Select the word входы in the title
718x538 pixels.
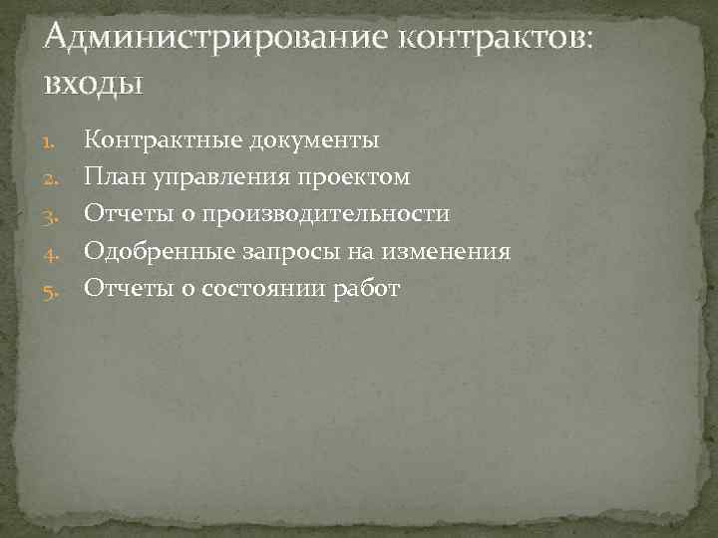(94, 83)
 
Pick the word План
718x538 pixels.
(111, 177)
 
